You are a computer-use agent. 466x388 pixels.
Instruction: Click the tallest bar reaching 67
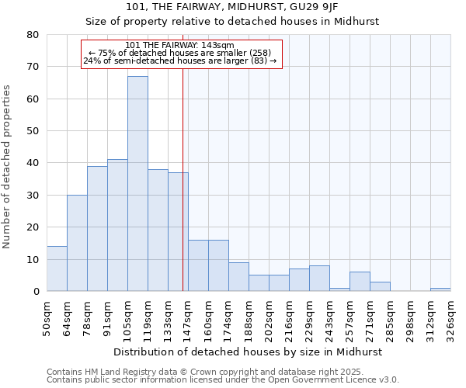point(137,184)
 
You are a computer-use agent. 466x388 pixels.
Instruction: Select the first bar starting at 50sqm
point(57,268)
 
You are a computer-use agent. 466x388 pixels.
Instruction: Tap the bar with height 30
point(77,243)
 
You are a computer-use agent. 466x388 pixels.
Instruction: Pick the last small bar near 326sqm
point(440,289)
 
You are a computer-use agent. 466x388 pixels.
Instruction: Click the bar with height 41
point(117,225)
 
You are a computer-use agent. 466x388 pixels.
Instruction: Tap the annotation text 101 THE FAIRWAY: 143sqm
point(179,45)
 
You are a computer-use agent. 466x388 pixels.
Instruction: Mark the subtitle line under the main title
point(232,22)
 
